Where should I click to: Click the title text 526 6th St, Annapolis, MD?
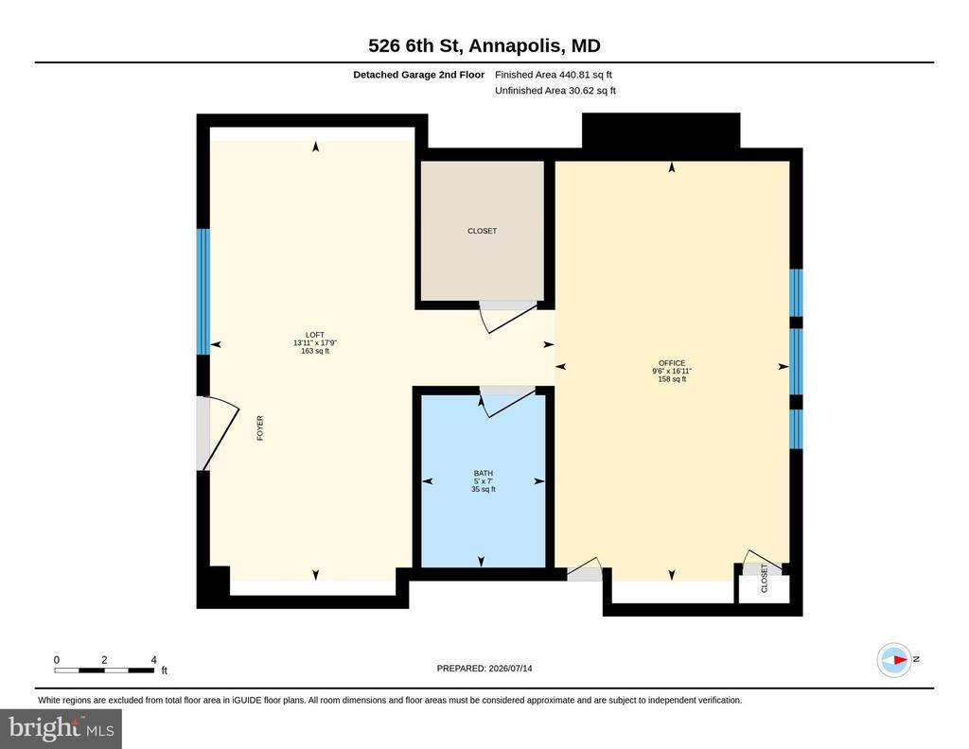(x=484, y=45)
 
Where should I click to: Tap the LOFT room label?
(x=314, y=335)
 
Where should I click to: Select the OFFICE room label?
(x=672, y=363)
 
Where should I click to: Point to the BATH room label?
(x=484, y=473)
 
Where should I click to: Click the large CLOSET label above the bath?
(x=482, y=231)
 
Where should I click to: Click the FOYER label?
(x=260, y=427)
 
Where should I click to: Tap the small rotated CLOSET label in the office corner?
(x=764, y=579)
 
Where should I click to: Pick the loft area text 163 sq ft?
(x=314, y=351)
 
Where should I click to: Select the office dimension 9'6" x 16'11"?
(x=672, y=371)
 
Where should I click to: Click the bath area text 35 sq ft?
(x=484, y=489)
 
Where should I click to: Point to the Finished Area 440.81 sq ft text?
(x=553, y=75)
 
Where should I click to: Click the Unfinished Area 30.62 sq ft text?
(x=555, y=91)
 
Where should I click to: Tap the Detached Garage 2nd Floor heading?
(x=418, y=75)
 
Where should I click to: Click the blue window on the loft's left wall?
(x=203, y=291)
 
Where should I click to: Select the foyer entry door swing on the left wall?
(x=218, y=432)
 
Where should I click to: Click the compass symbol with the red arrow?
(x=894, y=660)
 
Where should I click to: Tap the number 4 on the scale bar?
(x=154, y=659)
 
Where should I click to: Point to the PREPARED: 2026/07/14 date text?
(x=484, y=668)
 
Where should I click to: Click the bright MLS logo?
(x=61, y=728)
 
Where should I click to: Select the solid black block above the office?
(x=661, y=131)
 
